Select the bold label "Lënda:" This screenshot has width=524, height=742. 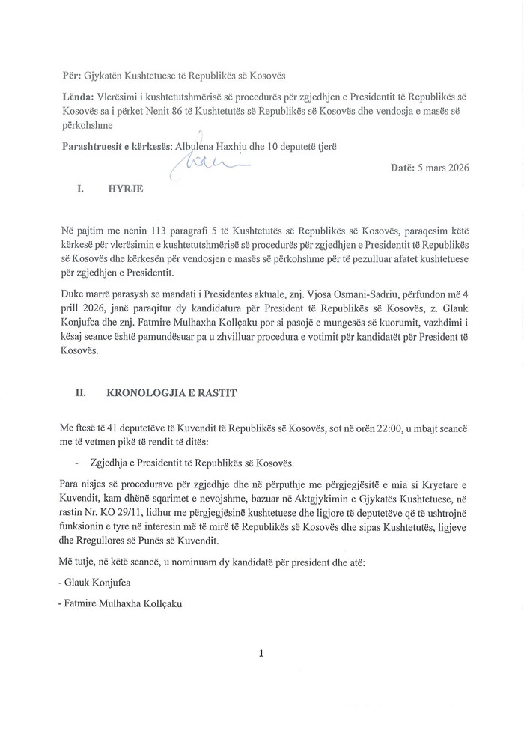pos(81,97)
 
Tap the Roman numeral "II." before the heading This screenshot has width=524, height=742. pos(83,391)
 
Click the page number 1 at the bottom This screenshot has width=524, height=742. pos(261,654)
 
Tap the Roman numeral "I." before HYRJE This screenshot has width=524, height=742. pos(80,190)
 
